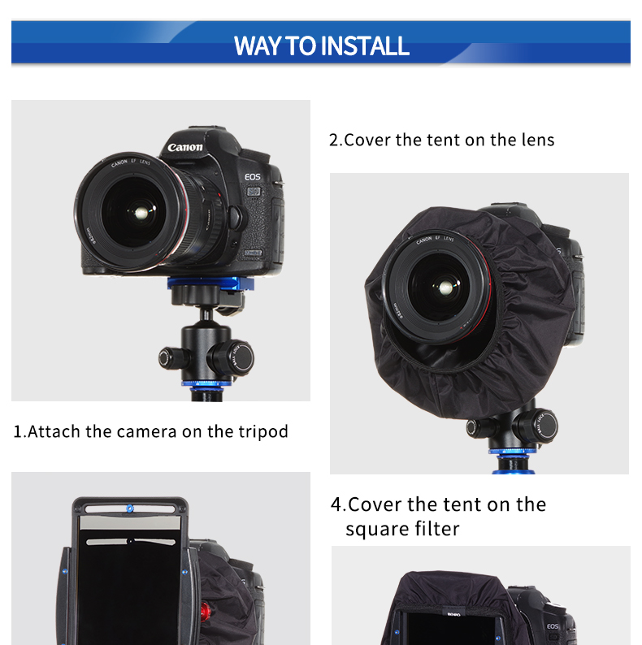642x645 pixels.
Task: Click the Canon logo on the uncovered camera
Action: (x=185, y=147)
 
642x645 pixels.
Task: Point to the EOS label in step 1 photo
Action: (x=253, y=177)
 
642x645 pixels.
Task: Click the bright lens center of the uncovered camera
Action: (x=141, y=213)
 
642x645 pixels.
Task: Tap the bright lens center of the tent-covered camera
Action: (x=445, y=288)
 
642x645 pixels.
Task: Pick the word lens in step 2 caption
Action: (x=538, y=140)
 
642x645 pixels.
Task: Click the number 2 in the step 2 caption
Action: (x=333, y=141)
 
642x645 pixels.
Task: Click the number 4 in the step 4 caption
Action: (x=336, y=504)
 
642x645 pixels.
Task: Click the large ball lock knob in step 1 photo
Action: (x=232, y=358)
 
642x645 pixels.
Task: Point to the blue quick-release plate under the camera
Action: (x=210, y=283)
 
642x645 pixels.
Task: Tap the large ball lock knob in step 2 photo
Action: (x=537, y=426)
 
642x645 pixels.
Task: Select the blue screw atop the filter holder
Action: (x=130, y=509)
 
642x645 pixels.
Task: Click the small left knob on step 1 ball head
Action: (x=169, y=358)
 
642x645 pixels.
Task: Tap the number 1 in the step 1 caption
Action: (x=18, y=432)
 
